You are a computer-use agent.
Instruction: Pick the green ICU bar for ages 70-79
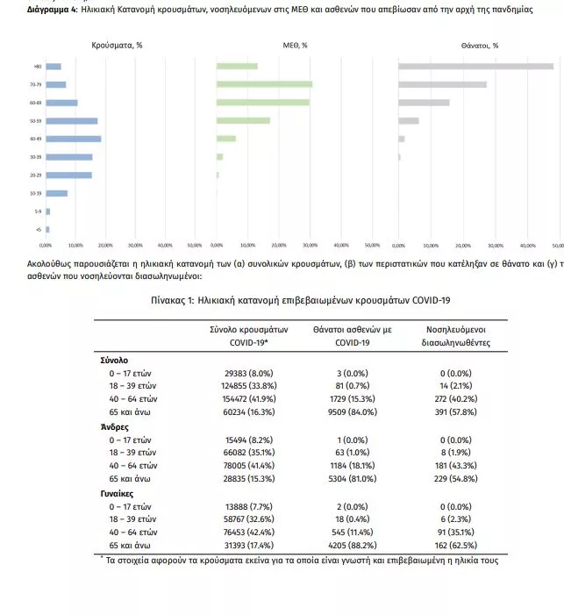click(264, 84)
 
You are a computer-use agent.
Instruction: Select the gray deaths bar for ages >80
click(475, 66)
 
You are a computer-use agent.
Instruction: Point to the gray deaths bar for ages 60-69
click(424, 103)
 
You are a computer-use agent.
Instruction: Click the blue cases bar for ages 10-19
click(56, 193)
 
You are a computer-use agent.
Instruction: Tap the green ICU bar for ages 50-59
click(243, 120)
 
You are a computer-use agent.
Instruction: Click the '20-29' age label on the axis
click(35, 175)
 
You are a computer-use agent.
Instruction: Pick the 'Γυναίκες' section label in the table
click(118, 494)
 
